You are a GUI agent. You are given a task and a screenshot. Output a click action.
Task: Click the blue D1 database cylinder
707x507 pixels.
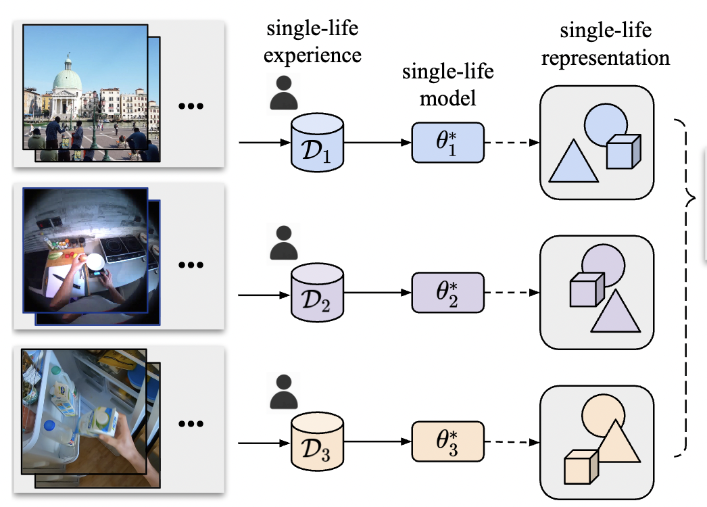pyautogui.click(x=316, y=144)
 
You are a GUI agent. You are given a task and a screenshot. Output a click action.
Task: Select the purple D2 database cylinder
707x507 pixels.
pyautogui.click(x=316, y=295)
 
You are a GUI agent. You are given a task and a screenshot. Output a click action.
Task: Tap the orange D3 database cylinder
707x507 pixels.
pyautogui.click(x=316, y=444)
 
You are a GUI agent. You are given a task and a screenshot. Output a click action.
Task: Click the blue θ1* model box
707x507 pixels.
pyautogui.click(x=448, y=143)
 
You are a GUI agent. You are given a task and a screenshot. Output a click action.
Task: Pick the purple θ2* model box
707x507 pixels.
pyautogui.click(x=448, y=293)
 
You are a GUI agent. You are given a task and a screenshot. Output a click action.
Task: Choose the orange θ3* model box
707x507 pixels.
pyautogui.click(x=448, y=443)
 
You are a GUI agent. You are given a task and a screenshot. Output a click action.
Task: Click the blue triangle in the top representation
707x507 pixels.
pyautogui.click(x=573, y=165)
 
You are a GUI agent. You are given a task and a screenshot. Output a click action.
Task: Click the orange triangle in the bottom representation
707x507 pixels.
pyautogui.click(x=617, y=442)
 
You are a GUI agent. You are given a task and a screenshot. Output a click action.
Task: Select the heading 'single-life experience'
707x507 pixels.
pyautogui.click(x=312, y=41)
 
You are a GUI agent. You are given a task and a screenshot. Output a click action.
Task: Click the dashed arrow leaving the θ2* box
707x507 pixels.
pyautogui.click(x=512, y=293)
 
